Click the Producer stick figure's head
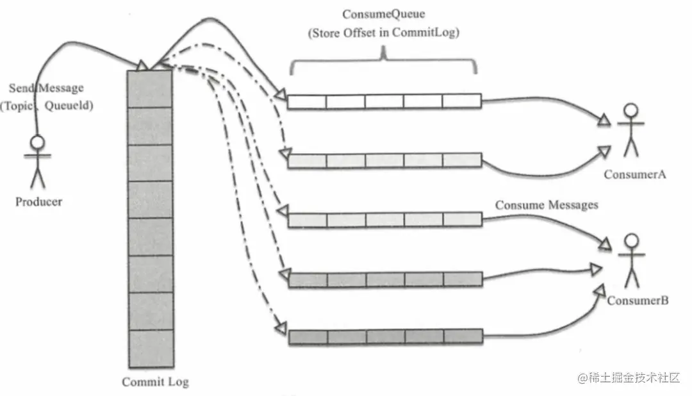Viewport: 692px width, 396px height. click(37, 142)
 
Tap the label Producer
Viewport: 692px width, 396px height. click(39, 201)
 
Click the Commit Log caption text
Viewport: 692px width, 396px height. click(155, 382)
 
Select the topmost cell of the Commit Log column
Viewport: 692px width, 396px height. click(150, 88)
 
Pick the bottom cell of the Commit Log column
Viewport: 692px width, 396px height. click(150, 347)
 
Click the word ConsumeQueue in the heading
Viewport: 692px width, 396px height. click(383, 14)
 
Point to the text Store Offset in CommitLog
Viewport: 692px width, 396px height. click(383, 33)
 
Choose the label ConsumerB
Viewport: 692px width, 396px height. click(638, 300)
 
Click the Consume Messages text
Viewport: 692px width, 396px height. click(547, 205)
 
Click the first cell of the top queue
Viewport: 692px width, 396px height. click(307, 101)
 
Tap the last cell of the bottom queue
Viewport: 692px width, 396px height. click(463, 336)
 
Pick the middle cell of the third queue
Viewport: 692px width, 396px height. click(384, 220)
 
